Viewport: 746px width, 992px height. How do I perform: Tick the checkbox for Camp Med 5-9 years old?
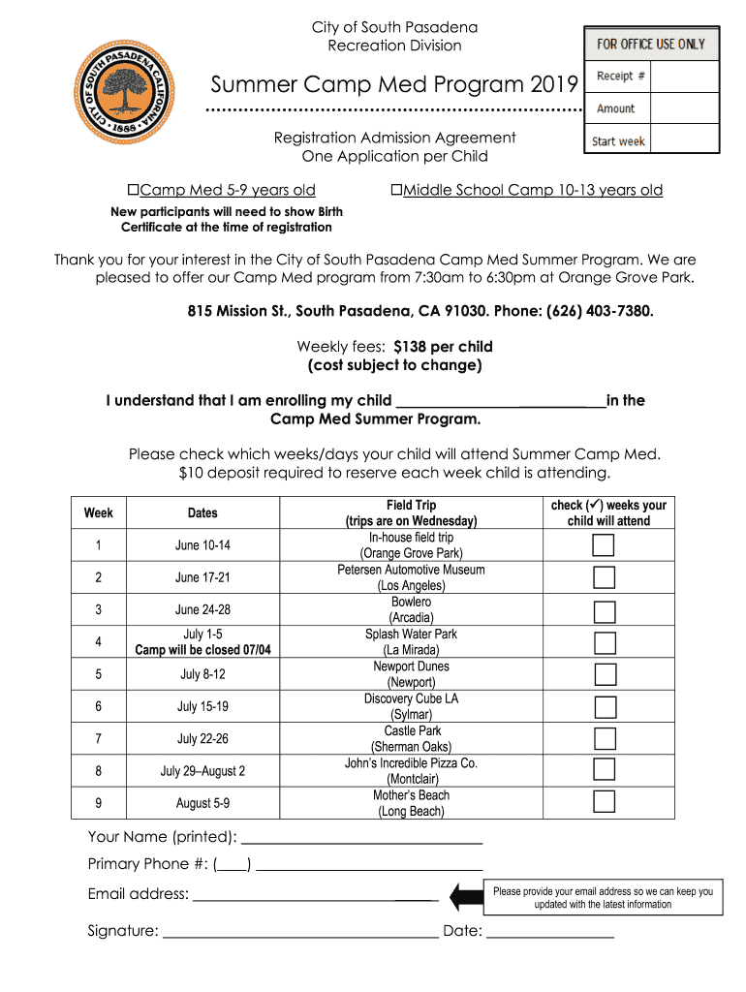coord(134,190)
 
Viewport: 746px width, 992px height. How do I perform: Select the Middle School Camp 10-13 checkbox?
coord(396,190)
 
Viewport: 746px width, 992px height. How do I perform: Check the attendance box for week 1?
coord(605,545)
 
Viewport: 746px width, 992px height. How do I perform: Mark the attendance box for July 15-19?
coord(605,706)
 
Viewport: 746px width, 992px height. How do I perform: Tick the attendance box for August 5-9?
coord(605,802)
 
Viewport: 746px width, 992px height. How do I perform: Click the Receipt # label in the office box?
coord(621,76)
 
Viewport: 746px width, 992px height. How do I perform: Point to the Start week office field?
coord(619,141)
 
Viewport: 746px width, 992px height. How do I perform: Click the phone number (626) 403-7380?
coord(600,312)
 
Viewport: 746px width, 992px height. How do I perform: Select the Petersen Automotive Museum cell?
coord(411,577)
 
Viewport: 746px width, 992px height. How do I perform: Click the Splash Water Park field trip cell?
coord(411,641)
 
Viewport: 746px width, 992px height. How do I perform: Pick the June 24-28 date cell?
coord(202,610)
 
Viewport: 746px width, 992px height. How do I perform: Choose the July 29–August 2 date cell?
coord(202,771)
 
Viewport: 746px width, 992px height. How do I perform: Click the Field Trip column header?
coord(411,512)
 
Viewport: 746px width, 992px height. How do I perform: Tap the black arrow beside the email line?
coord(466,896)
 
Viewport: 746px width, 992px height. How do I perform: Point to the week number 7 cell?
coord(98,739)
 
